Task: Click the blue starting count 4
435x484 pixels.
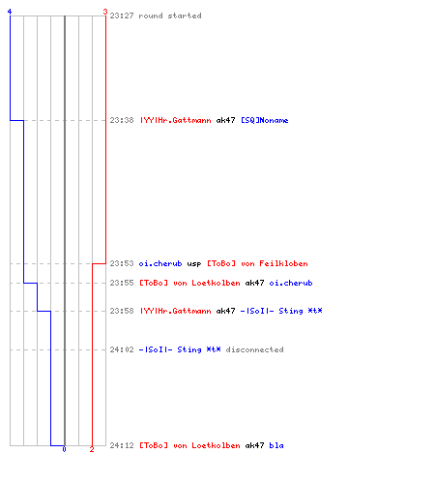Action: (x=10, y=12)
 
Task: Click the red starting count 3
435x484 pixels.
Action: (x=105, y=12)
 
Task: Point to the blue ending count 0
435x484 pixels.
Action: (x=64, y=449)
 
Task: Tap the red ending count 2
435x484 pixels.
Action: (x=92, y=449)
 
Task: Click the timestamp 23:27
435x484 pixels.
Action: (x=122, y=15)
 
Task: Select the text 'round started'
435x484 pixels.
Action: (x=170, y=15)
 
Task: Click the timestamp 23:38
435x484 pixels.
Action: (x=122, y=120)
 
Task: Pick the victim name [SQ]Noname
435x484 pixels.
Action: (x=265, y=120)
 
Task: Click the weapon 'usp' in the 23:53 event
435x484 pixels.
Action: (x=194, y=264)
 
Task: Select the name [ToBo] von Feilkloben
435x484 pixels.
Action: (x=257, y=263)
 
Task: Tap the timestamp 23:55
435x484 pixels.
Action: (x=122, y=283)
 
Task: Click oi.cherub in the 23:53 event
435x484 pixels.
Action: (x=160, y=263)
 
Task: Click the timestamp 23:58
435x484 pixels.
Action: (x=122, y=311)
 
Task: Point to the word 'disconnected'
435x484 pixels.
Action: (x=254, y=349)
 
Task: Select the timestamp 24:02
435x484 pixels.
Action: (x=122, y=349)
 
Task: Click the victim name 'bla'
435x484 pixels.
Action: (x=276, y=445)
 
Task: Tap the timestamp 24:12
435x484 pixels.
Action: (x=122, y=445)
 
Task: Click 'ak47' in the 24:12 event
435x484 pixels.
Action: (x=254, y=445)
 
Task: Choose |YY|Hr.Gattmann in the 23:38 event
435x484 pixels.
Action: (x=175, y=120)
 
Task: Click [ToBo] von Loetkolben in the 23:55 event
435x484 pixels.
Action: (x=189, y=283)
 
